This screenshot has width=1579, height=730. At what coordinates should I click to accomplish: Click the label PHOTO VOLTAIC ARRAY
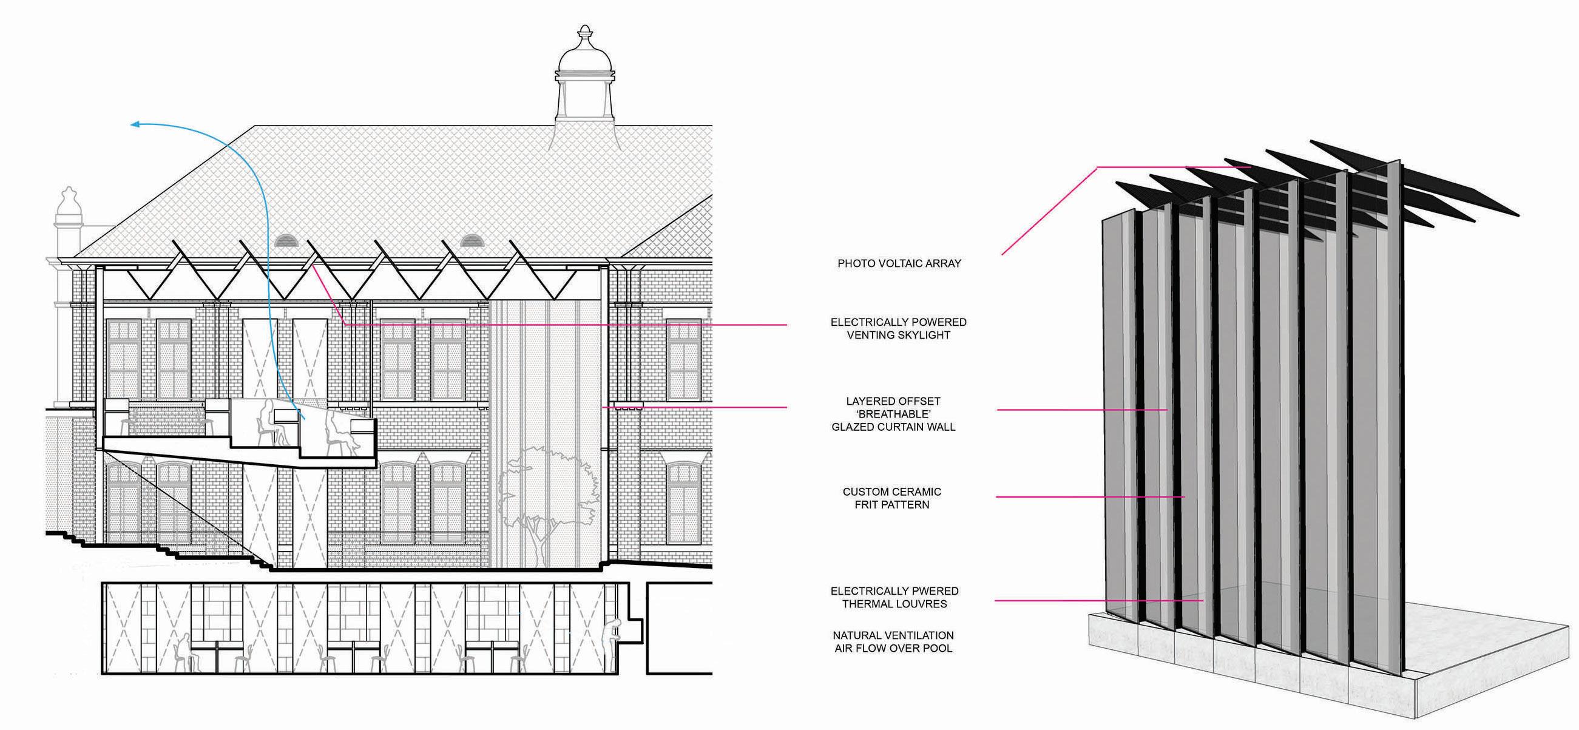[x=899, y=263]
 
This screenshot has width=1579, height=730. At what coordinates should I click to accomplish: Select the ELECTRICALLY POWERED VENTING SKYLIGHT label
[x=898, y=328]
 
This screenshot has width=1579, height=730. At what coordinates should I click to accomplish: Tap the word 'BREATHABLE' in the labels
[x=894, y=414]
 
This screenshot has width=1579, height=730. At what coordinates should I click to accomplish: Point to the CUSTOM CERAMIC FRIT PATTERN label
[x=892, y=498]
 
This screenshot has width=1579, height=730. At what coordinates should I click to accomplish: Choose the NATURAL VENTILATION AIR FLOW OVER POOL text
[x=893, y=642]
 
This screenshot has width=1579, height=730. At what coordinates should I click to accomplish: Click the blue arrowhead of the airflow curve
[x=136, y=124]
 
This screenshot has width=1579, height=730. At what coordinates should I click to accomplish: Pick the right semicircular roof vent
[x=472, y=240]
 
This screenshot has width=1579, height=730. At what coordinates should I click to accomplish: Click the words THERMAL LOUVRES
[x=894, y=604]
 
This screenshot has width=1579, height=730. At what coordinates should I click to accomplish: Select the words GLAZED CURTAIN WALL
[x=893, y=427]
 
